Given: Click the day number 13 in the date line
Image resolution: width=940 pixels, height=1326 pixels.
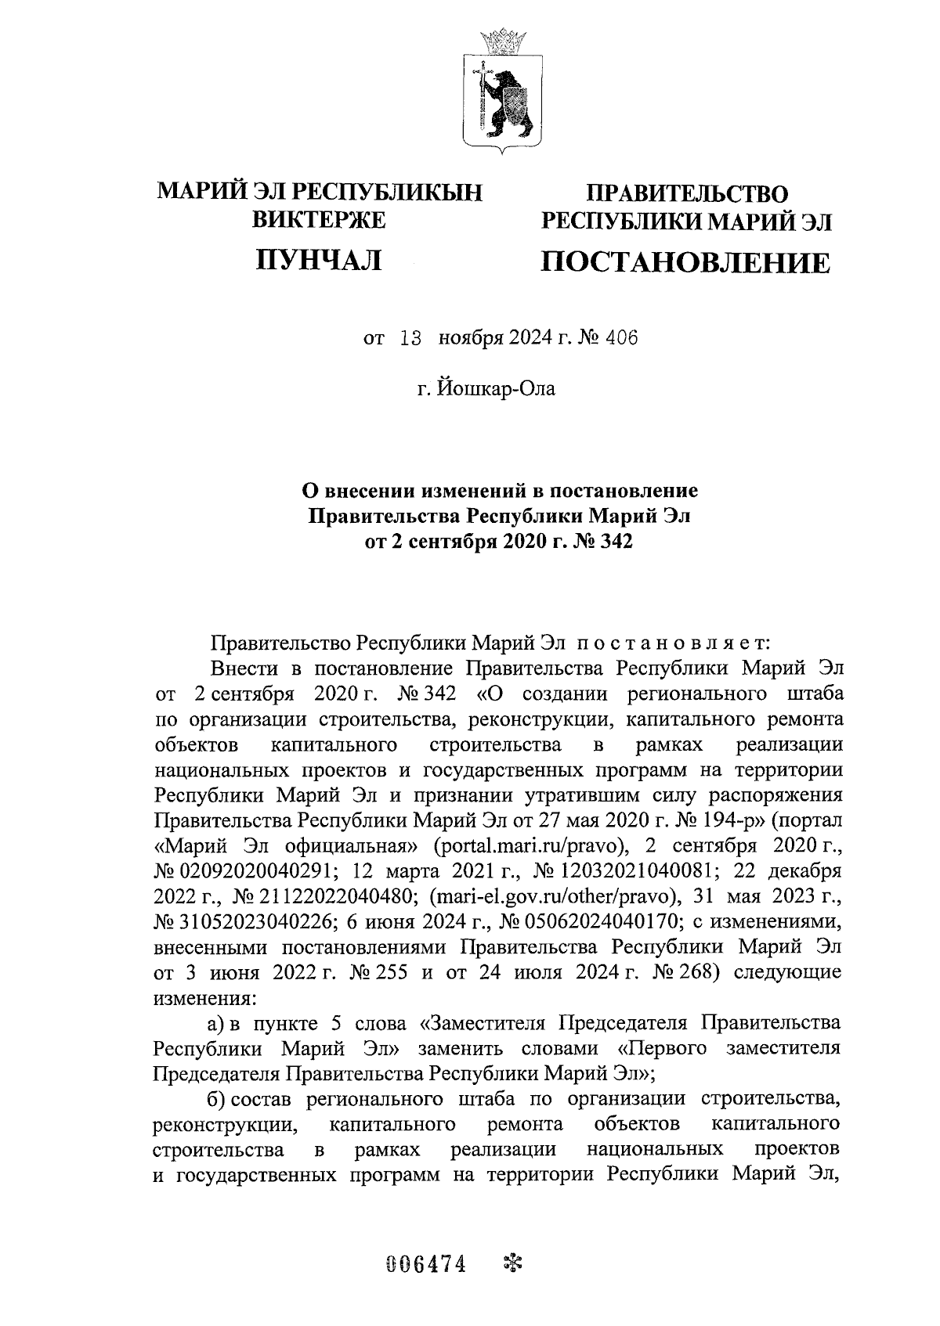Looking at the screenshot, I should pyautogui.click(x=410, y=338).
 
